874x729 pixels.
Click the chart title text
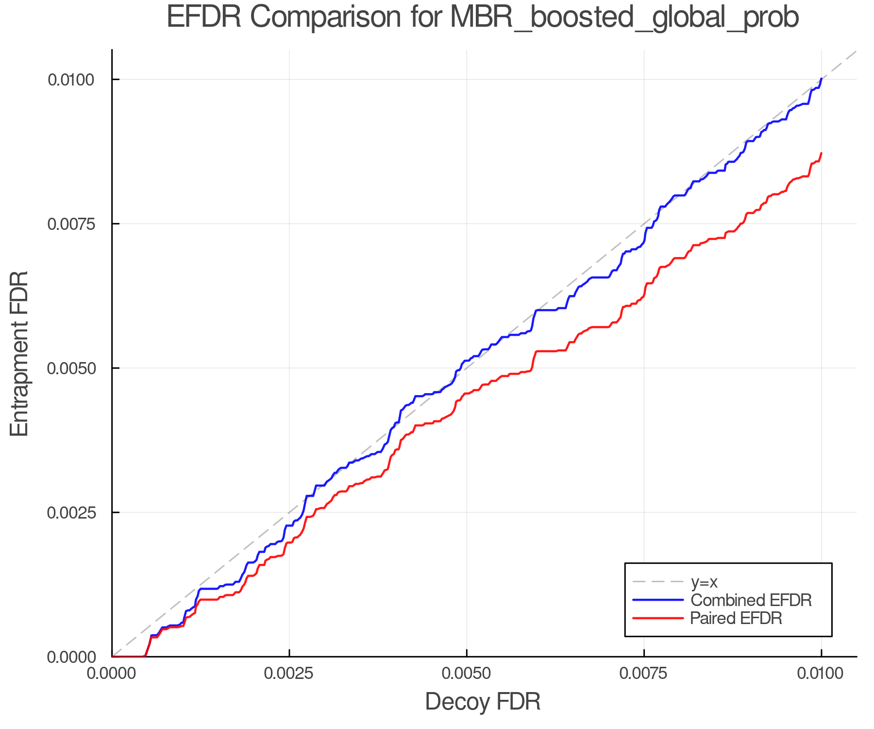483,18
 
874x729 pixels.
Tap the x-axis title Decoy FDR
483,702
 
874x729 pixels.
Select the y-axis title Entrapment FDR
20,354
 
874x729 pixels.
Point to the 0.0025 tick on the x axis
289,673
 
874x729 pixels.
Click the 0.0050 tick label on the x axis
467,673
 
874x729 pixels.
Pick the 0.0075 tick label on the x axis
644,673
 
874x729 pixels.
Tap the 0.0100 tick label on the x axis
821,673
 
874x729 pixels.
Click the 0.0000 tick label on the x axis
112,673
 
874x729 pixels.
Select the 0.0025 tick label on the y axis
71,513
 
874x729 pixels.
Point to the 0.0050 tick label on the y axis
71,368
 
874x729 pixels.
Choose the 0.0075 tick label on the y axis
71,224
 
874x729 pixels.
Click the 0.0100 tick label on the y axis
71,80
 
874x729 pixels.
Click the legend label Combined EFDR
751,600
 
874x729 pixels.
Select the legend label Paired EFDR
736,618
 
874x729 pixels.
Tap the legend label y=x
704,582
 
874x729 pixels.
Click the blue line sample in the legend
658,600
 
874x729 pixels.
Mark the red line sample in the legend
658,618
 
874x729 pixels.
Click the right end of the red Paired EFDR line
821,154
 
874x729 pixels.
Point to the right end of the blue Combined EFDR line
821,79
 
